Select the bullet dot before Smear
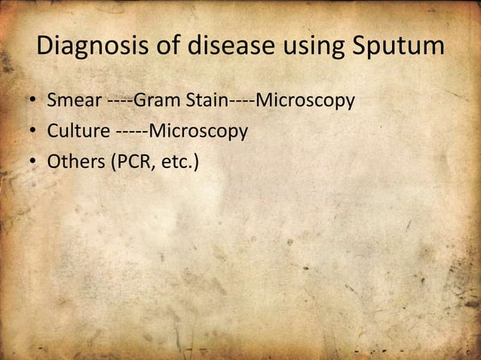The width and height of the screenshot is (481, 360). click(34, 101)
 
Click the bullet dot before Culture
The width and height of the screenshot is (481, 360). click(34, 133)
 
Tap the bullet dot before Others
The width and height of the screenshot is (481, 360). click(34, 163)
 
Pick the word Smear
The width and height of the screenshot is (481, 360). click(75, 100)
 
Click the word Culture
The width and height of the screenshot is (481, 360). click(78, 132)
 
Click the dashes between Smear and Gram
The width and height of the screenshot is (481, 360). click(118, 101)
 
